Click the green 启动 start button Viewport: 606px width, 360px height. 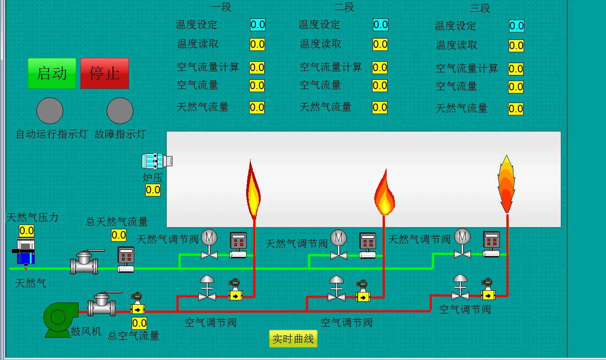[52, 73]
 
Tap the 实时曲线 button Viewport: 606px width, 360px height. [293, 339]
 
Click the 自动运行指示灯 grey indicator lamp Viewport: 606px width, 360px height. [50, 110]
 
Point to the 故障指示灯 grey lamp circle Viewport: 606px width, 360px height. [120, 110]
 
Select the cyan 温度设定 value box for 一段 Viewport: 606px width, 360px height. [258, 25]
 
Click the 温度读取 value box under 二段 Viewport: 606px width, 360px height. [380, 44]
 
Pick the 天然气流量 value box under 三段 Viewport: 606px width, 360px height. [516, 109]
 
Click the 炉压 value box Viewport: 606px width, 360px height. [153, 190]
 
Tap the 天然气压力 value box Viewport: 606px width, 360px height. [26, 231]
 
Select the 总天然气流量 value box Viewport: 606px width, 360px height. [118, 235]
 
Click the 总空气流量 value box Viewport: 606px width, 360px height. [139, 324]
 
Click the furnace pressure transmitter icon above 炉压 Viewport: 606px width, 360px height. [157, 161]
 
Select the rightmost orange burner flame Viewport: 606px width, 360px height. [506, 184]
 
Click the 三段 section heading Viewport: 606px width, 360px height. [480, 8]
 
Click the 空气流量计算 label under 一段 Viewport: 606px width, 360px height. [208, 67]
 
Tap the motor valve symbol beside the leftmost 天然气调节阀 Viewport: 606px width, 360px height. [209, 244]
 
